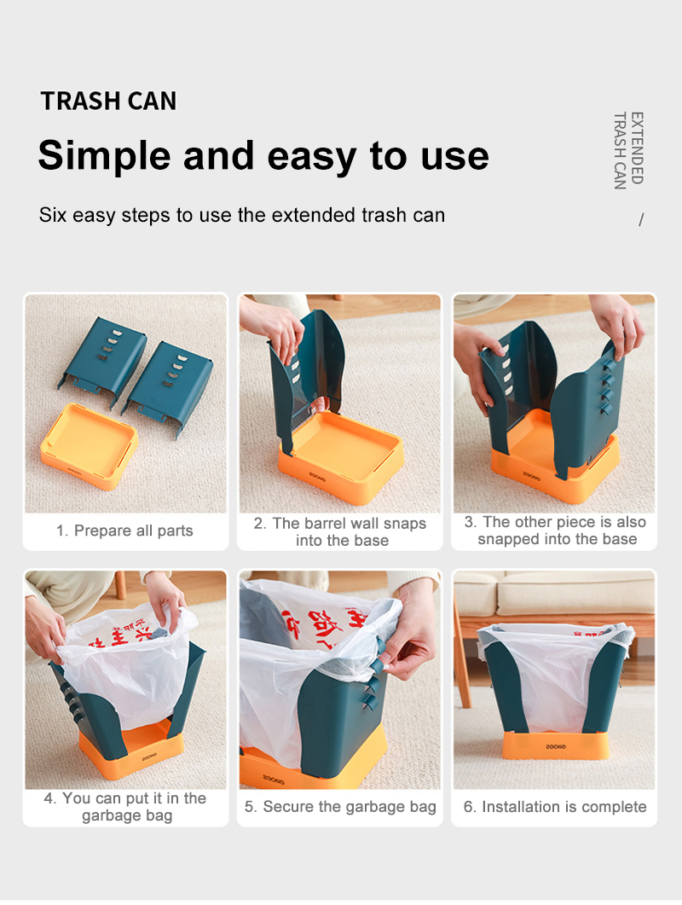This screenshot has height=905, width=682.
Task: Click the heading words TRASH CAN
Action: point(108,101)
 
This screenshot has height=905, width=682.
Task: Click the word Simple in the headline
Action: point(105,156)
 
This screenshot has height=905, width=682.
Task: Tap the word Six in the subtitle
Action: point(53,215)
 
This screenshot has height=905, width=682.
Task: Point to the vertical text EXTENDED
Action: point(637,148)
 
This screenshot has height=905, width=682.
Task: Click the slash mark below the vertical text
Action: point(641,219)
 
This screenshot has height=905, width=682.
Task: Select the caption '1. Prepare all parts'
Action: point(124,531)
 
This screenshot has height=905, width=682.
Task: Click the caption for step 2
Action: point(340,531)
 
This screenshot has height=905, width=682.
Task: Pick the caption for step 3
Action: point(555,531)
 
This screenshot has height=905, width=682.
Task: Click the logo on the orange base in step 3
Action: point(531,476)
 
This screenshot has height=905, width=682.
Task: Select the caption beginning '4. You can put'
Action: point(125,807)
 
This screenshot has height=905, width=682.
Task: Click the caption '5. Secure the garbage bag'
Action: point(340,807)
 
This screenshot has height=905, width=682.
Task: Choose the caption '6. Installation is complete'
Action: point(555,807)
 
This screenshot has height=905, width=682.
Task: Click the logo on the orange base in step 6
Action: point(556,746)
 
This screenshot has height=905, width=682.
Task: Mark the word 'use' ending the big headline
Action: point(454,157)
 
